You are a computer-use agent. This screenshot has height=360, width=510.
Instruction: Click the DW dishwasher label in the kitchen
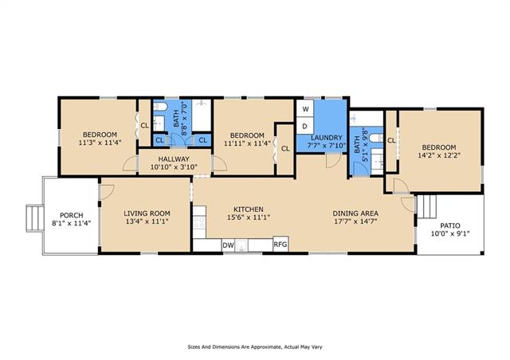(x=229, y=245)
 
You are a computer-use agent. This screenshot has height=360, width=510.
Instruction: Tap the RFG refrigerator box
(x=280, y=244)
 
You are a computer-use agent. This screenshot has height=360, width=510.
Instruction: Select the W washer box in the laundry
(x=305, y=109)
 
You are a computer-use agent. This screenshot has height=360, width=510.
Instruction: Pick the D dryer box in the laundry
(x=305, y=126)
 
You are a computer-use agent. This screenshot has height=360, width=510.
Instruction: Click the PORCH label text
(x=72, y=215)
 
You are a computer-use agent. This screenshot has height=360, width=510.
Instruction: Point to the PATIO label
(x=450, y=225)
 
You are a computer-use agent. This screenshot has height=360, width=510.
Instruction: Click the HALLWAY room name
(x=174, y=159)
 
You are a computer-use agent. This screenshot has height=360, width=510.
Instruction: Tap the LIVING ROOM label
(x=147, y=213)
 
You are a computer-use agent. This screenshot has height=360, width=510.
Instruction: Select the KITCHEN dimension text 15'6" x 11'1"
(x=249, y=217)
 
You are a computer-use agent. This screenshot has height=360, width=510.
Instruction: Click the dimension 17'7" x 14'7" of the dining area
(x=355, y=221)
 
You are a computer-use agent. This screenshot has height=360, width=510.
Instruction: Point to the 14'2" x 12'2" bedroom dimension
(x=439, y=155)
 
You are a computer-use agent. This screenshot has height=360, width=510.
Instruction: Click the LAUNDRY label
(x=327, y=138)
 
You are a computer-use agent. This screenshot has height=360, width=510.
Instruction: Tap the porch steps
(x=35, y=218)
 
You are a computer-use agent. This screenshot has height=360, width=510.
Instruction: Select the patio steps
(x=426, y=206)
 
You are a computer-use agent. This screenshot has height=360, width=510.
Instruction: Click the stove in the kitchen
(x=199, y=222)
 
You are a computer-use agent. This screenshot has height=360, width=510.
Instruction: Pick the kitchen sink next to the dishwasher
(x=241, y=245)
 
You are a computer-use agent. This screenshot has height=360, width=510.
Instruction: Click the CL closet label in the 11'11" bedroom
(x=285, y=149)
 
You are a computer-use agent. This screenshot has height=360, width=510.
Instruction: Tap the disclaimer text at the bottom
(x=255, y=347)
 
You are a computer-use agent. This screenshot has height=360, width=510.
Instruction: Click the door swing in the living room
(x=107, y=192)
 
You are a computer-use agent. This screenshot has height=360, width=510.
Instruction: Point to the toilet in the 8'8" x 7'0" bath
(x=160, y=107)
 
